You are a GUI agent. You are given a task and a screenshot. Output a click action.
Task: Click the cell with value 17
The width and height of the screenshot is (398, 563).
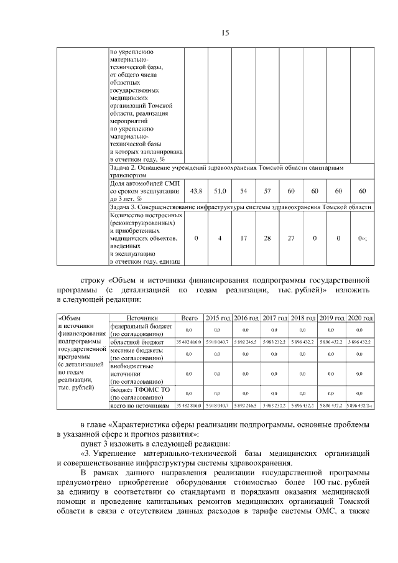click(x=243, y=238)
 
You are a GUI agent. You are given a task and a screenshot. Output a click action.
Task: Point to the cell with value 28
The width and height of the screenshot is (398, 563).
click(x=267, y=238)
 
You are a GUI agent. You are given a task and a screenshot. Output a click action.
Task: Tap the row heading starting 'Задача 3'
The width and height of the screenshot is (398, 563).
click(x=240, y=207)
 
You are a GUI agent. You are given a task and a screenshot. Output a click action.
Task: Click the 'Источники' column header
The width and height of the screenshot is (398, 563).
click(x=142, y=317)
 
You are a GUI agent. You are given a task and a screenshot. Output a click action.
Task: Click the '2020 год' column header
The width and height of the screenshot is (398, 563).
click(x=359, y=317)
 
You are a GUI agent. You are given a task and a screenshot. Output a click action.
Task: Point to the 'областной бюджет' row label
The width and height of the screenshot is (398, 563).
click(x=136, y=342)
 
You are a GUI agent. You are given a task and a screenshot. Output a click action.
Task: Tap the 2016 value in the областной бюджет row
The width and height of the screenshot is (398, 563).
click(x=246, y=342)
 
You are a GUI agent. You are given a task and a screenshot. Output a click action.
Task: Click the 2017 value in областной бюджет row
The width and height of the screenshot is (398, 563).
click(x=274, y=342)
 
